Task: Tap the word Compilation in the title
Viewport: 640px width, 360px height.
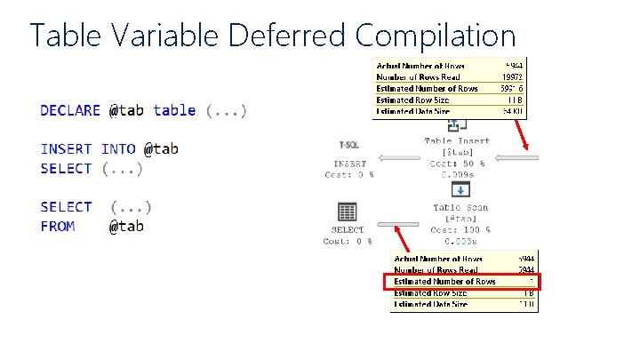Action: (x=435, y=36)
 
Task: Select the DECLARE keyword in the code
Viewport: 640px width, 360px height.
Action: (x=70, y=110)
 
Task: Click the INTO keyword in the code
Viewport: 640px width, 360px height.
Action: (x=117, y=149)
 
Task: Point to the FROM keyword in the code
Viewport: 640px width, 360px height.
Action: (x=58, y=226)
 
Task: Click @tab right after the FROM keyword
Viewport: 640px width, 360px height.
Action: (x=126, y=226)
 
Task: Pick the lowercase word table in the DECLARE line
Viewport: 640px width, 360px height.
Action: (x=174, y=110)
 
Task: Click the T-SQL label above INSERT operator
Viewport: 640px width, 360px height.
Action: (x=348, y=144)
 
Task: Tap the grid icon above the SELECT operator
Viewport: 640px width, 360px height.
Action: (x=348, y=212)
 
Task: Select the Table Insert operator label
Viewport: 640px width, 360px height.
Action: (x=457, y=141)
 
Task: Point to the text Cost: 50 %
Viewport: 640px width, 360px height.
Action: (x=457, y=164)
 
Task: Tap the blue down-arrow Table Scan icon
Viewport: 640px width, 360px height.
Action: (x=456, y=190)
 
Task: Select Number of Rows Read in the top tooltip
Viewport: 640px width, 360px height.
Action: (x=427, y=77)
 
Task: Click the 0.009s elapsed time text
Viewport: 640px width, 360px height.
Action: (x=457, y=175)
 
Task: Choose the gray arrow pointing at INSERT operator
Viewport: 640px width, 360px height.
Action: (x=399, y=159)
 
